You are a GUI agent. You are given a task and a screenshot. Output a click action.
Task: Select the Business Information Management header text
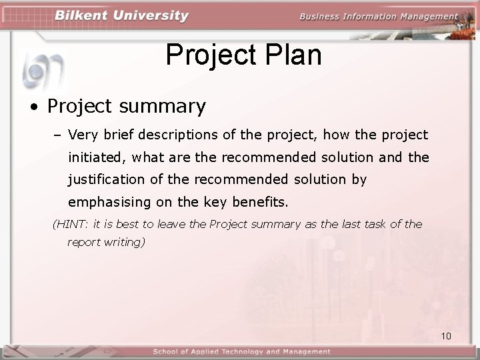pos(379,17)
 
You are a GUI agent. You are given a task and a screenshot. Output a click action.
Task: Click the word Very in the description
pos(83,135)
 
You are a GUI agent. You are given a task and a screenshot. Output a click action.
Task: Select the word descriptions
pos(179,135)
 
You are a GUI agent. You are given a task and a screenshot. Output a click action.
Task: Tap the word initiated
pos(96,157)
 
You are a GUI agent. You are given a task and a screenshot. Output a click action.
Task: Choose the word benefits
pos(265,201)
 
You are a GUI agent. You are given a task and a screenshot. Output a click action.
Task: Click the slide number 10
pos(446,335)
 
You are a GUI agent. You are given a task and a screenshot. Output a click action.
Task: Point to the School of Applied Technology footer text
pos(241,351)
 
